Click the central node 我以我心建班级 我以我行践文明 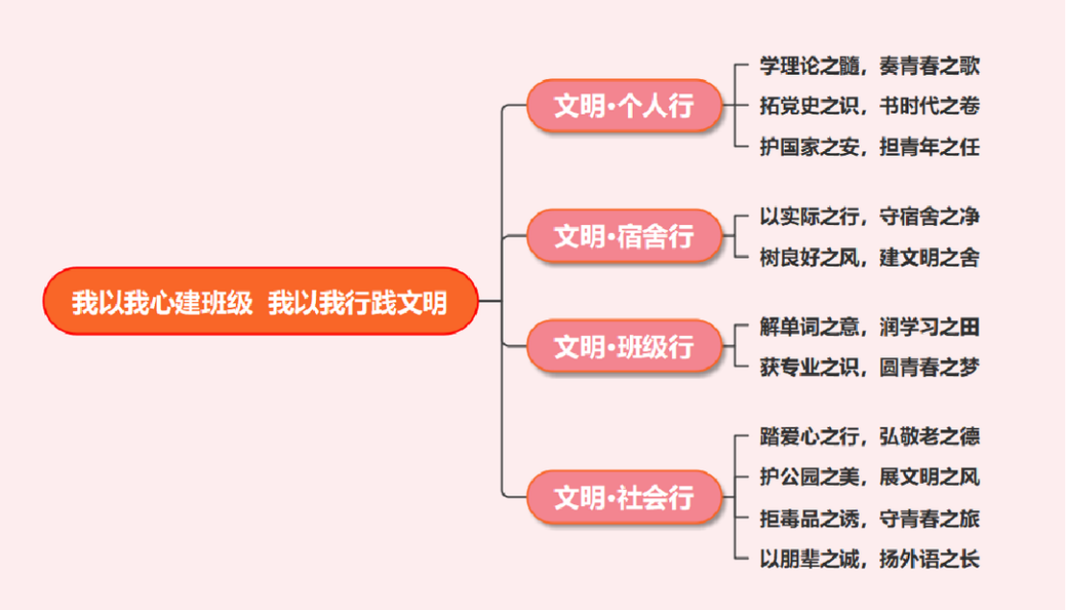coord(260,301)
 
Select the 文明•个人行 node coord(624,105)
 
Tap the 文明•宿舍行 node coord(624,236)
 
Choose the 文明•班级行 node coord(624,345)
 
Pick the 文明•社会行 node coord(624,497)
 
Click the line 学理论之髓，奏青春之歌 coord(869,65)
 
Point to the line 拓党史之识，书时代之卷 coord(869,106)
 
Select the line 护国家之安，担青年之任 coord(869,146)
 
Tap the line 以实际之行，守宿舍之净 coord(869,216)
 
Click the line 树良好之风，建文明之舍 coord(869,257)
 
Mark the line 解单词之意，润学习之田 coord(869,327)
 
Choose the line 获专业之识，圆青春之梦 coord(869,368)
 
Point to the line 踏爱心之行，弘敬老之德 coord(869,437)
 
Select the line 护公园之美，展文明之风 coord(869,477)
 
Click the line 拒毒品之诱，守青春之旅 coord(869,519)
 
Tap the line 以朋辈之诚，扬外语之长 coord(869,559)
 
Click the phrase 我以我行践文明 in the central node coord(357,302)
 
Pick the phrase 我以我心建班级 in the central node coord(162,302)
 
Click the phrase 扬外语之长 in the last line coord(929,559)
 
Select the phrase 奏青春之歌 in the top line coord(929,65)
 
